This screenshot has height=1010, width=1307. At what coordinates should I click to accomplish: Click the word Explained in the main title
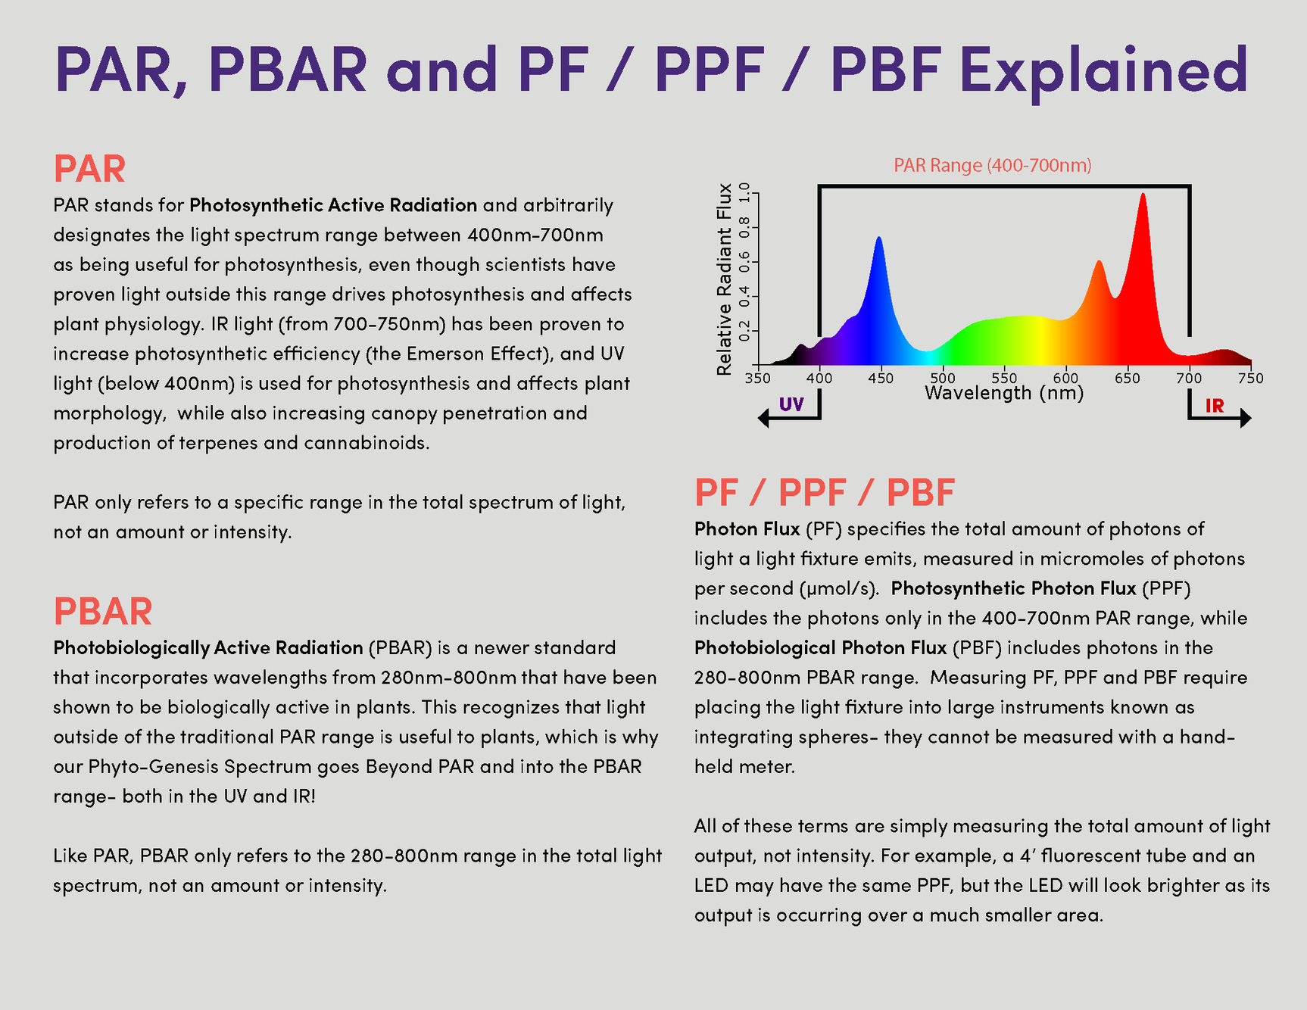(x=1103, y=70)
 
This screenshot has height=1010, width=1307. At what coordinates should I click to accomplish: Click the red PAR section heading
(x=89, y=169)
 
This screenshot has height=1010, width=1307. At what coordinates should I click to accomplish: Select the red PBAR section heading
(x=103, y=612)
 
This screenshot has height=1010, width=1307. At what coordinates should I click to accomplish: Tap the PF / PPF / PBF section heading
(x=825, y=492)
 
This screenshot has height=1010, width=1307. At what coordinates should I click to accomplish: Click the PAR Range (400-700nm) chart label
(x=993, y=165)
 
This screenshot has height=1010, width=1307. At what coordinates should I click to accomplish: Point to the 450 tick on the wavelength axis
(x=881, y=378)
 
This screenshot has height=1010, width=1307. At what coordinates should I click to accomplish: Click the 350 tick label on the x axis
(x=757, y=378)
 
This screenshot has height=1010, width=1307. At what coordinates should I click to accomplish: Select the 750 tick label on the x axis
(x=1251, y=378)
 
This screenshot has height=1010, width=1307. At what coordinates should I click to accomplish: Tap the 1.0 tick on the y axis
(x=744, y=193)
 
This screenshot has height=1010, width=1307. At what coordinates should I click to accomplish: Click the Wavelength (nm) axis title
(x=1004, y=393)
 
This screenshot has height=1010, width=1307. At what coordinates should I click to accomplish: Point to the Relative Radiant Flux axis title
(x=725, y=279)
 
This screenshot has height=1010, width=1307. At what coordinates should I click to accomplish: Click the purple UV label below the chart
(x=791, y=404)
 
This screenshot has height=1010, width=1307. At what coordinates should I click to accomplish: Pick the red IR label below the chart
(x=1215, y=406)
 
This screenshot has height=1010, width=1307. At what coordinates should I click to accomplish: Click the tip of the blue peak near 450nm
(x=878, y=237)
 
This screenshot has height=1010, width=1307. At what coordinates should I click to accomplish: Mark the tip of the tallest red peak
(x=1143, y=194)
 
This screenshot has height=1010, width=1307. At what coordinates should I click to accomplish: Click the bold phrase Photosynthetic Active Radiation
(x=333, y=205)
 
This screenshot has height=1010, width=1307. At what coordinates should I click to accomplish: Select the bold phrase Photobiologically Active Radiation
(x=208, y=648)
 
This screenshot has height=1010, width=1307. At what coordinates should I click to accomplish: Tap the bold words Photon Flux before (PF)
(x=747, y=528)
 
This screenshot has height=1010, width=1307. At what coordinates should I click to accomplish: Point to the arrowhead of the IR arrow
(x=1246, y=418)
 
